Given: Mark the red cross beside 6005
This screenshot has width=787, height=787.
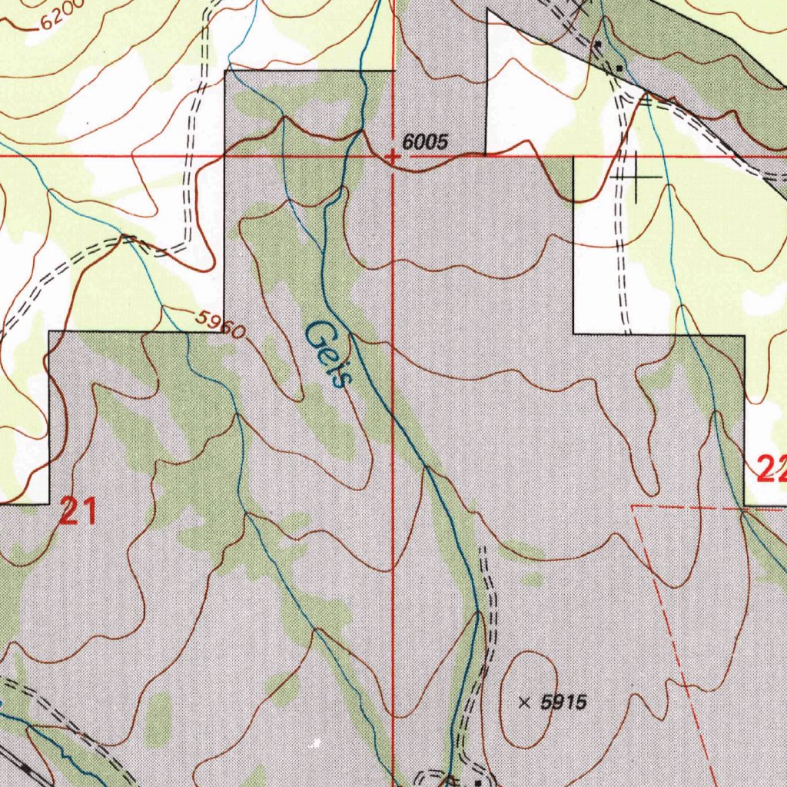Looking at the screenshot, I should [x=393, y=158].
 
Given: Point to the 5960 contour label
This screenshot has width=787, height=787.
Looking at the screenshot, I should [x=219, y=324].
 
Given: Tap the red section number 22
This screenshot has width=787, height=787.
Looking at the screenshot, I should [x=771, y=468].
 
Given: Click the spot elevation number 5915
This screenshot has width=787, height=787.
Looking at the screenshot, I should [x=563, y=702].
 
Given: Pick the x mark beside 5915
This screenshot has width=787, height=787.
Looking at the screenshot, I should [x=525, y=702].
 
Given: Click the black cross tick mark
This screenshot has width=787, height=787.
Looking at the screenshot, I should [x=636, y=177].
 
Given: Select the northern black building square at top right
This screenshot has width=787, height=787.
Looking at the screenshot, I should [x=598, y=45].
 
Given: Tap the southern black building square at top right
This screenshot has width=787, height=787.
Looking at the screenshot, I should [x=619, y=68].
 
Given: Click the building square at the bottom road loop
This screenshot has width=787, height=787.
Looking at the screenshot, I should [x=478, y=782].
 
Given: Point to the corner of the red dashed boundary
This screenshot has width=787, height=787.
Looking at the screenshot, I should [x=633, y=506].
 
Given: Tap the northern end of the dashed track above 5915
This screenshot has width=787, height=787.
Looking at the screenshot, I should [x=483, y=549].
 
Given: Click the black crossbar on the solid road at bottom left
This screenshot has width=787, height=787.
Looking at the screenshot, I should [x=28, y=767].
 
